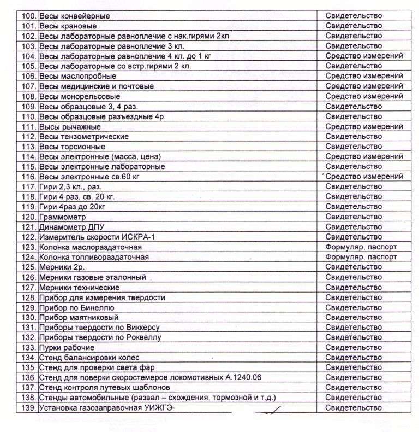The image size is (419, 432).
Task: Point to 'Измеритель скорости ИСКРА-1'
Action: point(95,237)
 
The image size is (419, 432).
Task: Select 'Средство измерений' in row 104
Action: point(364,56)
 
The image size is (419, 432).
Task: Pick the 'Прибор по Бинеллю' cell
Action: point(76,307)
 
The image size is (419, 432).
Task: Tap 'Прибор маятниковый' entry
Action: point(79,318)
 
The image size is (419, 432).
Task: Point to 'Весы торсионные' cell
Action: point(72,147)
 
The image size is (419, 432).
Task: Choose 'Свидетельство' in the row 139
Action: point(354,408)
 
